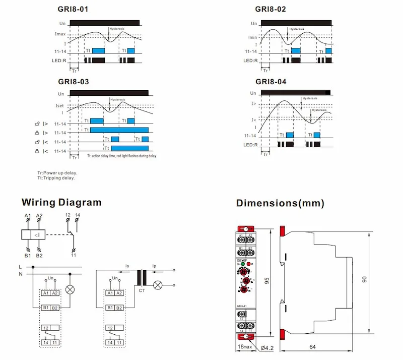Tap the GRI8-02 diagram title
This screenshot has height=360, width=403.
(271, 9)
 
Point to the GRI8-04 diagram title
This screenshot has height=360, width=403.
(271, 82)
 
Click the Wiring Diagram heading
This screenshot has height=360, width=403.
(61, 203)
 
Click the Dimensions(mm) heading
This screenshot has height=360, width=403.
(280, 203)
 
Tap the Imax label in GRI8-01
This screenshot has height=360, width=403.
(60, 34)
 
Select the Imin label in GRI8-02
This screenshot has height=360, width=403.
(252, 37)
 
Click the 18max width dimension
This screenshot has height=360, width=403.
(244, 347)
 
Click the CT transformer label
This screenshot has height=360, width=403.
(141, 290)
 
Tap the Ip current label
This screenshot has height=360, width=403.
(155, 266)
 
